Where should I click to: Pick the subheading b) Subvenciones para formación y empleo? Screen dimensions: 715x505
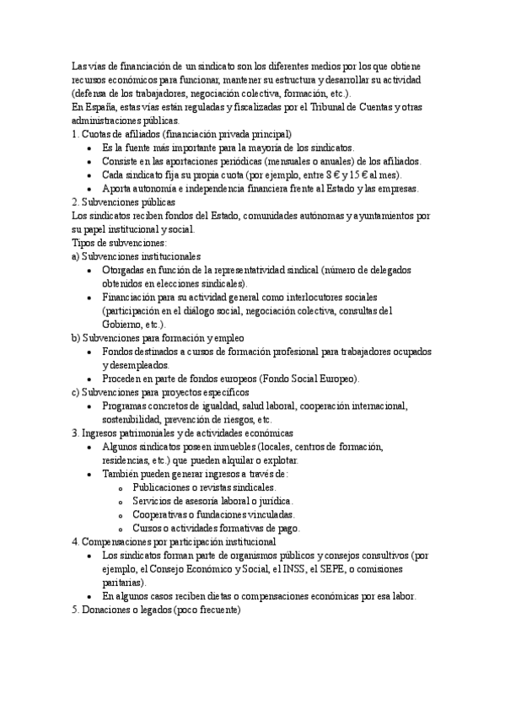[x=155, y=337]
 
